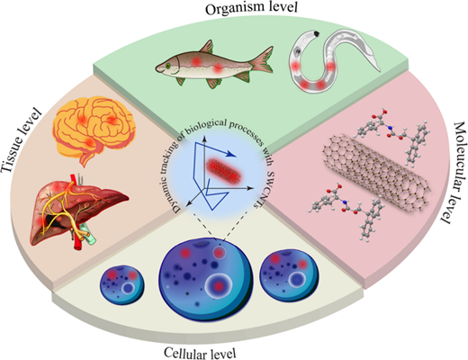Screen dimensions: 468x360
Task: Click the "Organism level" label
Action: point(251,8)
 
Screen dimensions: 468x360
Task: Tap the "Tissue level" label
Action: point(22,140)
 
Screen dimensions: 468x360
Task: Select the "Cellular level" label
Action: point(200,353)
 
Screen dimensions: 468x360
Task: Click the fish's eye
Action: point(168,66)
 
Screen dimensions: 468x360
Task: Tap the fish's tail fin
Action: point(262,60)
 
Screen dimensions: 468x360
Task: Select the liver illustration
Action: point(78,211)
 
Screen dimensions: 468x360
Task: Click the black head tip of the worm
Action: point(316,33)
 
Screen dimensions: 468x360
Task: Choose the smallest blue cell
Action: point(122,284)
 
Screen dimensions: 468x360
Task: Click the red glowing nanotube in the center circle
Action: point(224,171)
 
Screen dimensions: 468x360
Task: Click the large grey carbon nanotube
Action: point(377,174)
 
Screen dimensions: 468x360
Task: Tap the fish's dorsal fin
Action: point(206,47)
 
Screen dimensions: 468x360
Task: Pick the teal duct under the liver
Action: point(89,236)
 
